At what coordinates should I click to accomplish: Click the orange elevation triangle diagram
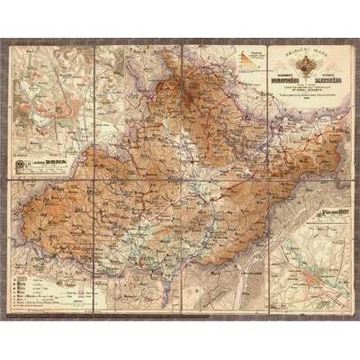coord(248,64)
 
